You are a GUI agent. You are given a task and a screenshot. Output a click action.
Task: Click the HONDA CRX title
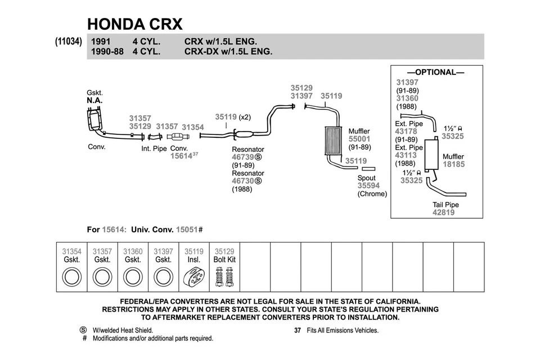pyautogui.click(x=134, y=24)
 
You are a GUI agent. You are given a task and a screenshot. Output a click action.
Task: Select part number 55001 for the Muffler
pyautogui.click(x=359, y=139)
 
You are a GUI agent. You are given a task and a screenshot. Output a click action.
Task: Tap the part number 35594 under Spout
pyautogui.click(x=368, y=186)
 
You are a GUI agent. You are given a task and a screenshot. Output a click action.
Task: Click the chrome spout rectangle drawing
pyautogui.click(x=368, y=168)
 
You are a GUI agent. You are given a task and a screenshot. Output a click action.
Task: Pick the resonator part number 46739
pyautogui.click(x=243, y=158)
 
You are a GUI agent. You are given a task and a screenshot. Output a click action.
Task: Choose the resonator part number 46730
pyautogui.click(x=243, y=181)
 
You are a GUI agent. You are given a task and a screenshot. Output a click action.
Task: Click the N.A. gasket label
pyautogui.click(x=94, y=100)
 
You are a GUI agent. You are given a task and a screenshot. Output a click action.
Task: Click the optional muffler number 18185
pyautogui.click(x=453, y=164)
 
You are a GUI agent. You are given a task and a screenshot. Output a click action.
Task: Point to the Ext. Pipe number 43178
pyautogui.click(x=406, y=132)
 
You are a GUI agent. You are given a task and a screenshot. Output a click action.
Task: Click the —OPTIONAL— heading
pyautogui.click(x=435, y=73)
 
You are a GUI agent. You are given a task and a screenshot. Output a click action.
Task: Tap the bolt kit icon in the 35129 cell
pyautogui.click(x=224, y=277)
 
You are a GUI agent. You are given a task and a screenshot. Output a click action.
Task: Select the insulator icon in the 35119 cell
pyautogui.click(x=194, y=277)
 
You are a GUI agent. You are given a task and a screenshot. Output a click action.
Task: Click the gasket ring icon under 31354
pyautogui.click(x=72, y=277)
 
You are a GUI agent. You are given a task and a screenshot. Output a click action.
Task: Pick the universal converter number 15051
pyautogui.click(x=187, y=229)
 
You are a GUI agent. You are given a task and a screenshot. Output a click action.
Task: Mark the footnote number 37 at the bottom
pyautogui.click(x=298, y=331)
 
